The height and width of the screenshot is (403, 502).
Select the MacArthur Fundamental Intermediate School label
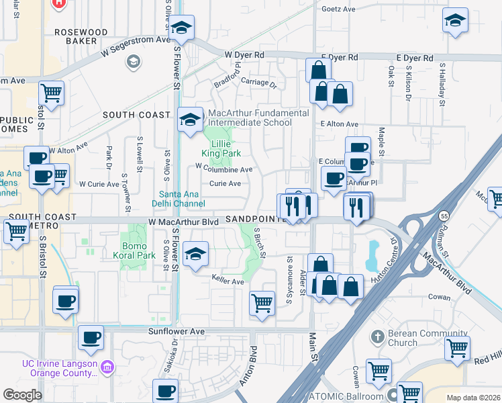point(258,118)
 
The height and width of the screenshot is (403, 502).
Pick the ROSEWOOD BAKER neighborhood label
point(81,36)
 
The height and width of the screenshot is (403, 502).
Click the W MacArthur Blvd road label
point(181,221)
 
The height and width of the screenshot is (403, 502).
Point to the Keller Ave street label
point(228,281)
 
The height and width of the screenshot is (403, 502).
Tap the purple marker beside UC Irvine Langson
point(107,366)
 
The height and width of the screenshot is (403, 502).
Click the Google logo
point(22,395)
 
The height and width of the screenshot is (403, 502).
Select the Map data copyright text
point(473,398)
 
